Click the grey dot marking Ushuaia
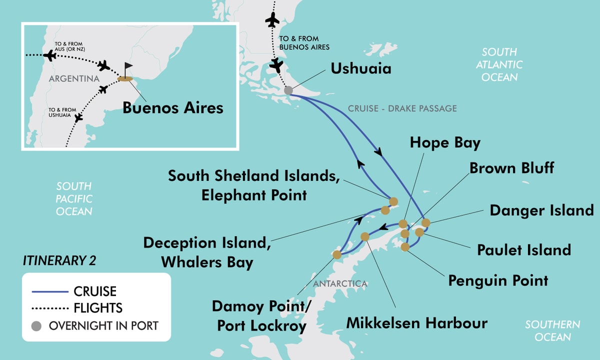click(288, 90)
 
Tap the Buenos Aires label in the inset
click(173, 107)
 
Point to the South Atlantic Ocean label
click(499, 64)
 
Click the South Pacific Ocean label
click(74, 199)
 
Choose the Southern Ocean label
click(552, 330)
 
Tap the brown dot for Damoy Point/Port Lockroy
click(336, 255)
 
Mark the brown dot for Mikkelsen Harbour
click(364, 236)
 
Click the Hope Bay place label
click(445, 142)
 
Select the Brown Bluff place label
click(511, 167)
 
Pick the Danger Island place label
click(541, 210)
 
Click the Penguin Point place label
click(498, 280)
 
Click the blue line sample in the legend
click(49, 291)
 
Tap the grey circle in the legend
click(35, 326)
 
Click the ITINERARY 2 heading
click(59, 260)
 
